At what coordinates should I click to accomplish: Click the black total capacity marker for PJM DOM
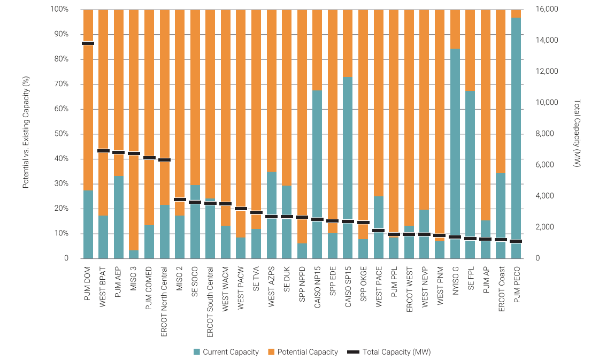pos(88,43)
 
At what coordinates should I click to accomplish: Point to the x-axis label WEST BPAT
pos(103,286)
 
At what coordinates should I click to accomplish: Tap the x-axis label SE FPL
pos(471,280)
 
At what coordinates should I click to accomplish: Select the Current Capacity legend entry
pos(226,352)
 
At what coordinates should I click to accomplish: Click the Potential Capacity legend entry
pos(303,352)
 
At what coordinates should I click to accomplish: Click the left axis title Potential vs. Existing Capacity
pos(25,134)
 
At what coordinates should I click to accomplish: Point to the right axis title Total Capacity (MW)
pos(577,134)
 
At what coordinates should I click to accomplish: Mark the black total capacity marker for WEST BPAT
pos(103,151)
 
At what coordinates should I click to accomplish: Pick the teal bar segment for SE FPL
pos(471,166)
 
